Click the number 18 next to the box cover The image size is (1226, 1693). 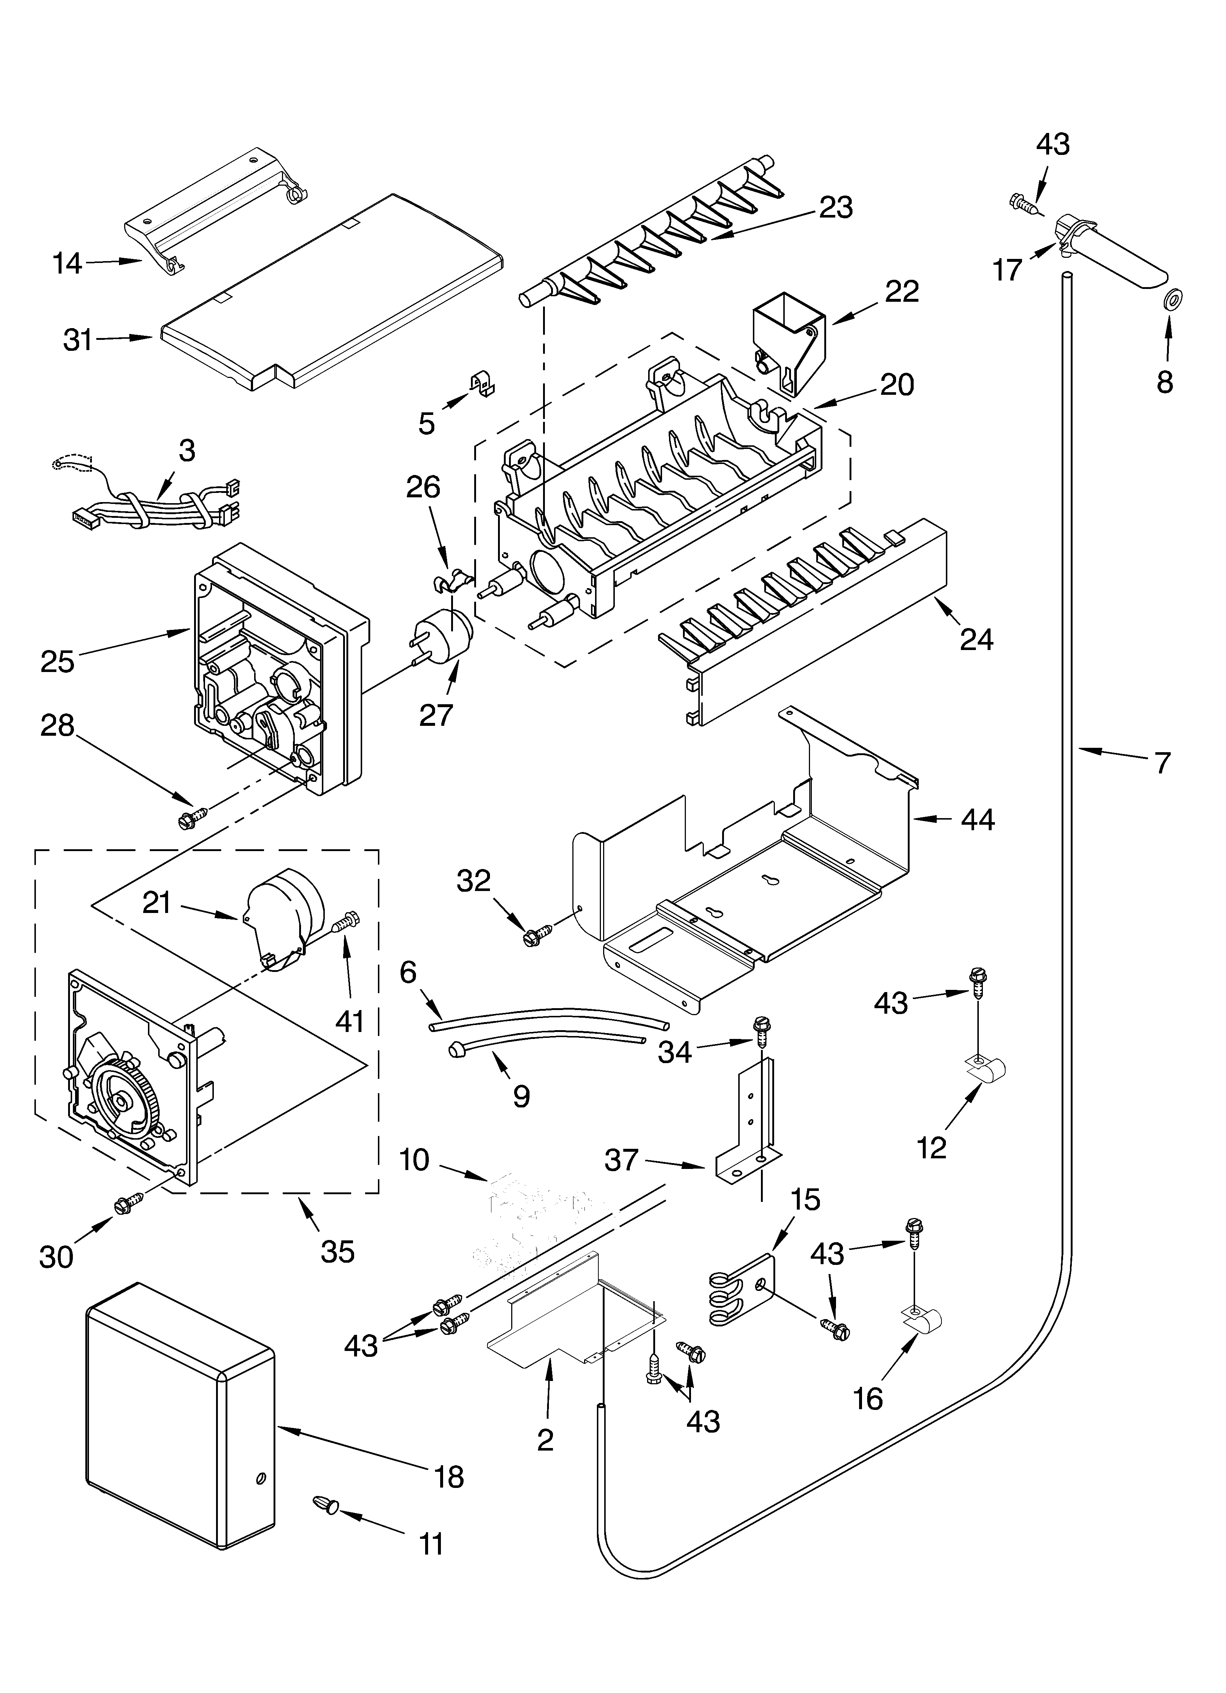(449, 1477)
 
